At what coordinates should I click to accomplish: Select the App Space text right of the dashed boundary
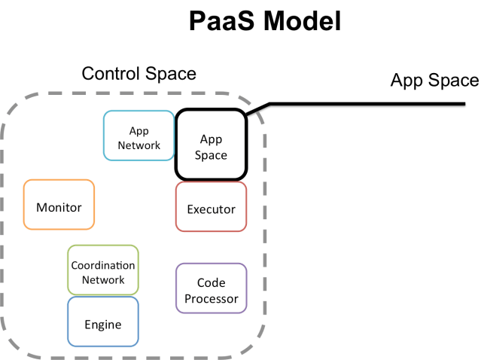(434, 81)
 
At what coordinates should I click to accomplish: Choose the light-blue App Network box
(139, 136)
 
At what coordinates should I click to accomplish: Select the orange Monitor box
(59, 205)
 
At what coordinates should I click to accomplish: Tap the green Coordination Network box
(103, 270)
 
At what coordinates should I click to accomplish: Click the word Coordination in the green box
(103, 265)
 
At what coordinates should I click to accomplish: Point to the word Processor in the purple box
(211, 298)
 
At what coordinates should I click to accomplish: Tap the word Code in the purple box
(211, 282)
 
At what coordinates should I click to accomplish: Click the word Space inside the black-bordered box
(211, 154)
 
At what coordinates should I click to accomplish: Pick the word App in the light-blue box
(139, 130)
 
